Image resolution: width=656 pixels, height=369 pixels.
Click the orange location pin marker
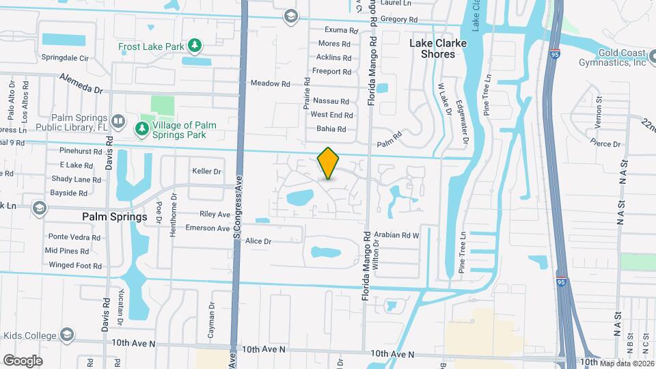point(329,163)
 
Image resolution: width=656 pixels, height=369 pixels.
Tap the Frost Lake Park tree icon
point(195,46)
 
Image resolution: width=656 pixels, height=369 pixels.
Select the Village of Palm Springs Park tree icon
point(142,128)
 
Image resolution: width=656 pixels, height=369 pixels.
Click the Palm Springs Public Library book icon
point(118,122)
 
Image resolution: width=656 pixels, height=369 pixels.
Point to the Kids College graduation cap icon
point(67,334)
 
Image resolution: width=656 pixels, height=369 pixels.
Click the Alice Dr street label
point(258,241)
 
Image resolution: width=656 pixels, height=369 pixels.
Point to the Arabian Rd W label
point(396,234)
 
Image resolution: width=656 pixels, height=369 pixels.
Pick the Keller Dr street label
point(207,171)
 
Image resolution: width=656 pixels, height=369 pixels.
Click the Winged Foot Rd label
point(75,265)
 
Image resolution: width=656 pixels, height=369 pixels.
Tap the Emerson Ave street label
point(208,228)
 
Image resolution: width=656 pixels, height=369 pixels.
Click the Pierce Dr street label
point(606,143)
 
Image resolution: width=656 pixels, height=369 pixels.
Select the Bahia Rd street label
point(331,128)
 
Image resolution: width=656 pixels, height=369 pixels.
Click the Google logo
point(23,360)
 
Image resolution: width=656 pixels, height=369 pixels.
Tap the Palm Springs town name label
point(115,217)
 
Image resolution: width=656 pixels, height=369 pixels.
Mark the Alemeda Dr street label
point(81,83)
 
